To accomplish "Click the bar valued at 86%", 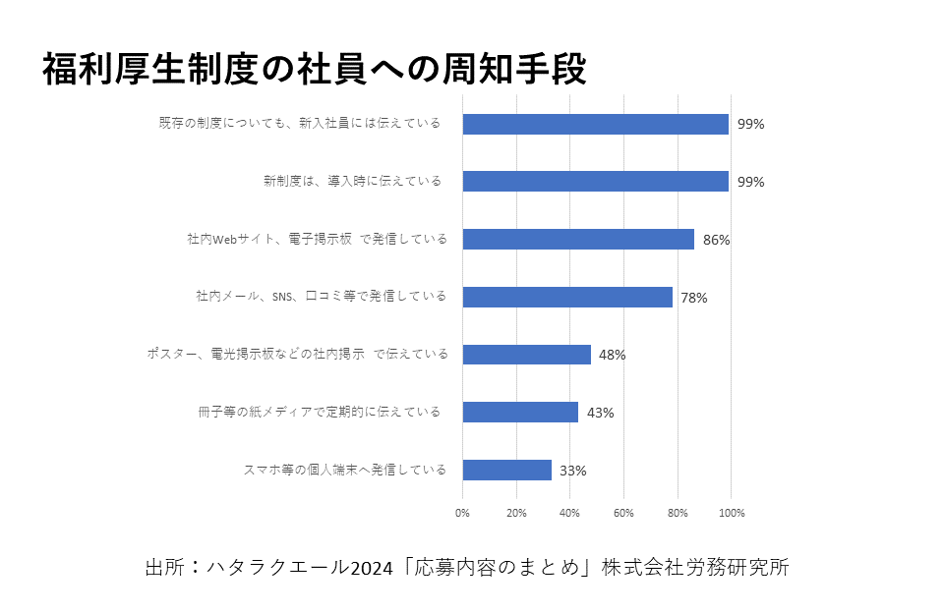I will (578, 239).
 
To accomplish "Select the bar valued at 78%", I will (567, 297).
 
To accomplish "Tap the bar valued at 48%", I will (527, 355).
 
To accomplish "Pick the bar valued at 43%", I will (520, 413).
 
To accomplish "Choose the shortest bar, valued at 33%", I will (507, 471).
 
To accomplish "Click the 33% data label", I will (573, 471).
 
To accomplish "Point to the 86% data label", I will (717, 240).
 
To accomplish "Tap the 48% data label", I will (613, 355).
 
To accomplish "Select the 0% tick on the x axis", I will (463, 513).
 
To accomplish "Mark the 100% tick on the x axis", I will (732, 513).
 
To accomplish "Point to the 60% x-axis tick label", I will (623, 513).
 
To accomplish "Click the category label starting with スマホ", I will (344, 470).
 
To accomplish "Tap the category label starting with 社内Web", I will (317, 239).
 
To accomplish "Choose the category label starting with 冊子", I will (320, 413).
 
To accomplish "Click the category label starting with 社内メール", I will (321, 297).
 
